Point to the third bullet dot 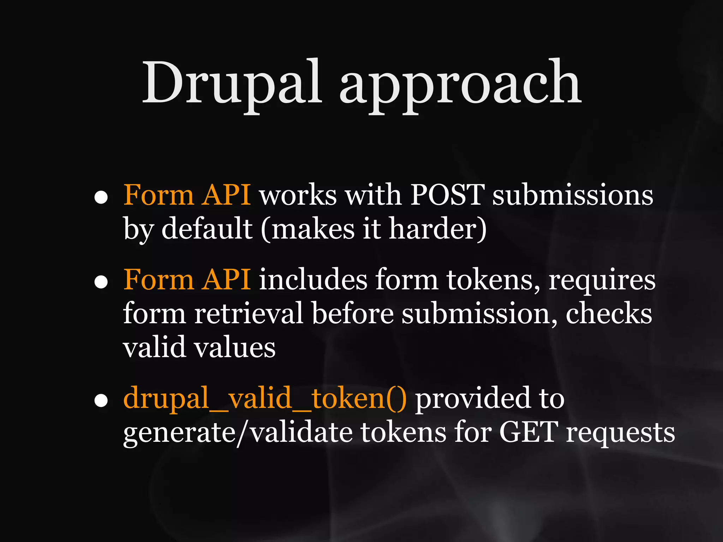click(x=101, y=400)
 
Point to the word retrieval click(x=249, y=313)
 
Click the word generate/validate click(x=238, y=433)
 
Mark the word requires click(x=602, y=281)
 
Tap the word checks click(x=609, y=313)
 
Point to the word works click(x=298, y=195)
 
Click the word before click(x=352, y=313)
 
